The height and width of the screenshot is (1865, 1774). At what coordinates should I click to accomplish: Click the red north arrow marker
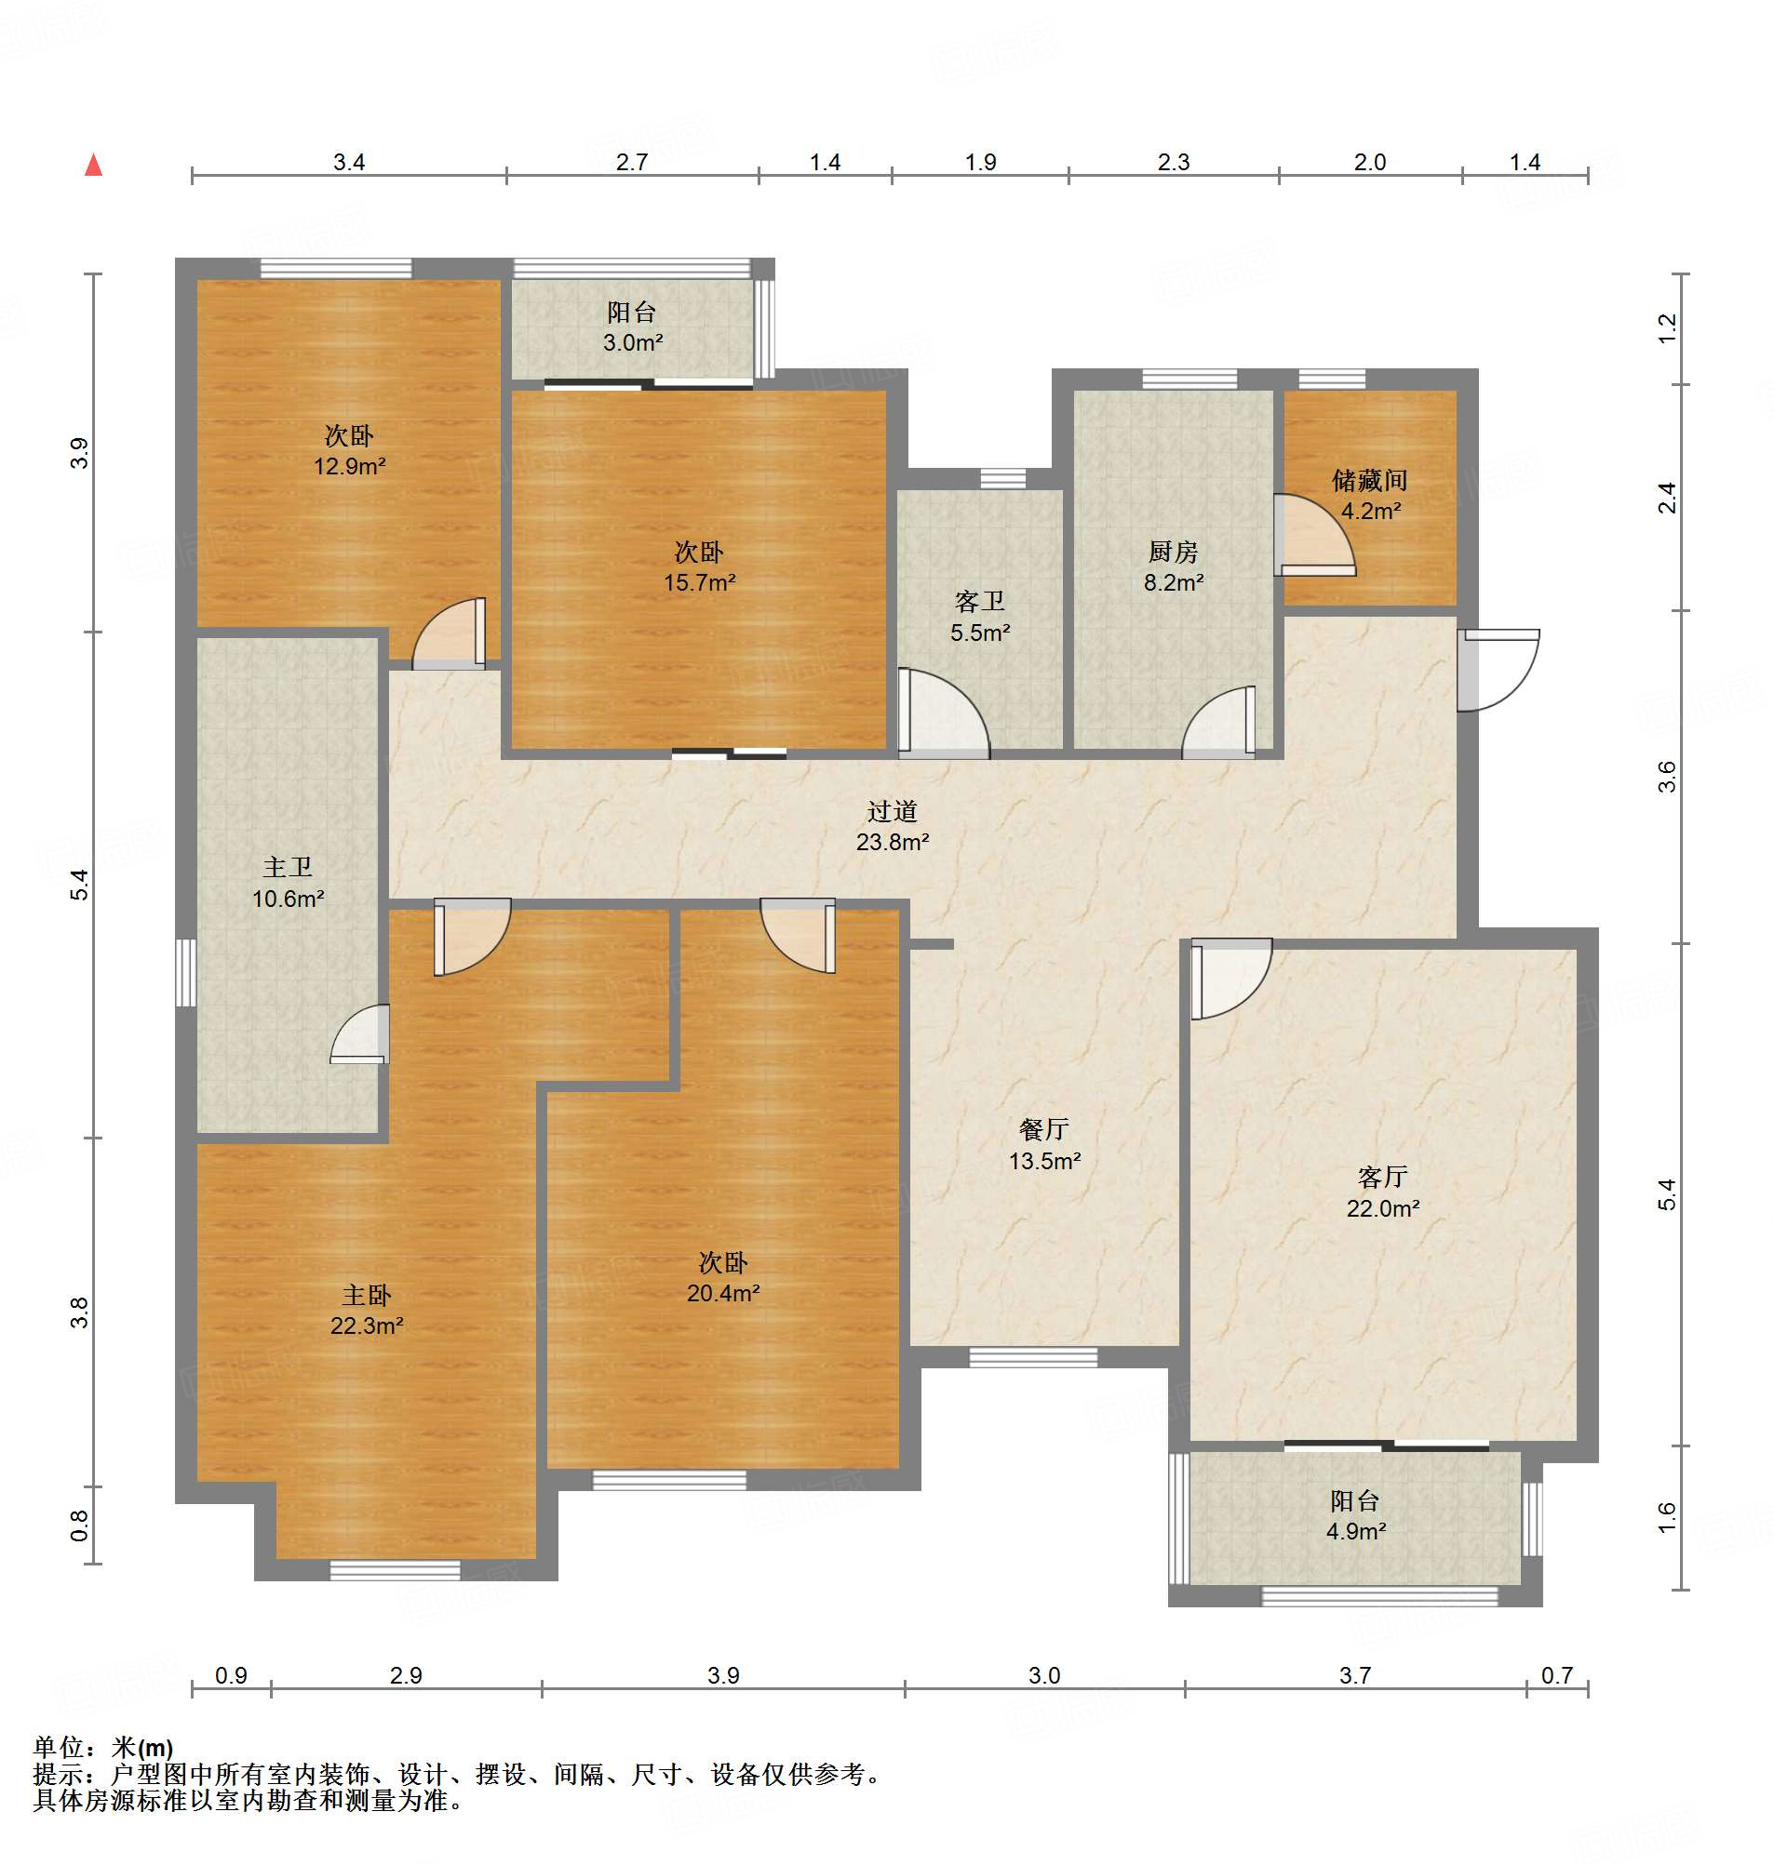pyautogui.click(x=94, y=166)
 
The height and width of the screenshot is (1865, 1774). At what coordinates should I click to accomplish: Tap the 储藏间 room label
pyautogui.click(x=1369, y=480)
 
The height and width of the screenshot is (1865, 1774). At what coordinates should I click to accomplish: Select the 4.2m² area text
pyautogui.click(x=1370, y=511)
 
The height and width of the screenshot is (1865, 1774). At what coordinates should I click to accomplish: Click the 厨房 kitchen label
pyautogui.click(x=1173, y=551)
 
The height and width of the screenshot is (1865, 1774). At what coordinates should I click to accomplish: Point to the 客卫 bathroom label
pyautogui.click(x=980, y=601)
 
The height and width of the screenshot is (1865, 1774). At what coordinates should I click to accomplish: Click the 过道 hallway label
pyautogui.click(x=892, y=811)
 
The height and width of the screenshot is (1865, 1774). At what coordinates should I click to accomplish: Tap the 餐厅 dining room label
pyautogui.click(x=1044, y=1128)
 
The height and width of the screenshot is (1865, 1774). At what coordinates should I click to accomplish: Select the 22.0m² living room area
pyautogui.click(x=1382, y=1208)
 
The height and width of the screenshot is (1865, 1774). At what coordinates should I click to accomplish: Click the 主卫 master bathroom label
pyautogui.click(x=288, y=867)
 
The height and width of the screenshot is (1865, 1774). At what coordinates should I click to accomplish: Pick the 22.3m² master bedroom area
pyautogui.click(x=367, y=1325)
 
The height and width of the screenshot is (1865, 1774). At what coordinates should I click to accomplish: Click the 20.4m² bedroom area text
pyautogui.click(x=723, y=1293)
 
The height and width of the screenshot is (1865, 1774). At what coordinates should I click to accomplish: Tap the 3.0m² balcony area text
pyautogui.click(x=633, y=342)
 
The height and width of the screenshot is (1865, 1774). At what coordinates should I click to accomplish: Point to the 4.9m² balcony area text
pyautogui.click(x=1355, y=1531)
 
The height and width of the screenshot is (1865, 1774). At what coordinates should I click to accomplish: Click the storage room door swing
pyautogui.click(x=1314, y=535)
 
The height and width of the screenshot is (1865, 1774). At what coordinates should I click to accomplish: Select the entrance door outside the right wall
pyautogui.click(x=1498, y=669)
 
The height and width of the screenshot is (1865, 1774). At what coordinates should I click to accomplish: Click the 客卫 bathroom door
pyautogui.click(x=944, y=713)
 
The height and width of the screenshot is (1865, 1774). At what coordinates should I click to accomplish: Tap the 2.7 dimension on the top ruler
pyautogui.click(x=632, y=162)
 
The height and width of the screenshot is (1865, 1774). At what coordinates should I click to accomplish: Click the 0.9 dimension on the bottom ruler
pyautogui.click(x=231, y=1675)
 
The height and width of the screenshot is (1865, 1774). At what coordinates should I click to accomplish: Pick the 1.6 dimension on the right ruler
pyautogui.click(x=1666, y=1517)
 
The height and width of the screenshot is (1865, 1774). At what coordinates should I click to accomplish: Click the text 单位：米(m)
pyautogui.click(x=103, y=1748)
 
